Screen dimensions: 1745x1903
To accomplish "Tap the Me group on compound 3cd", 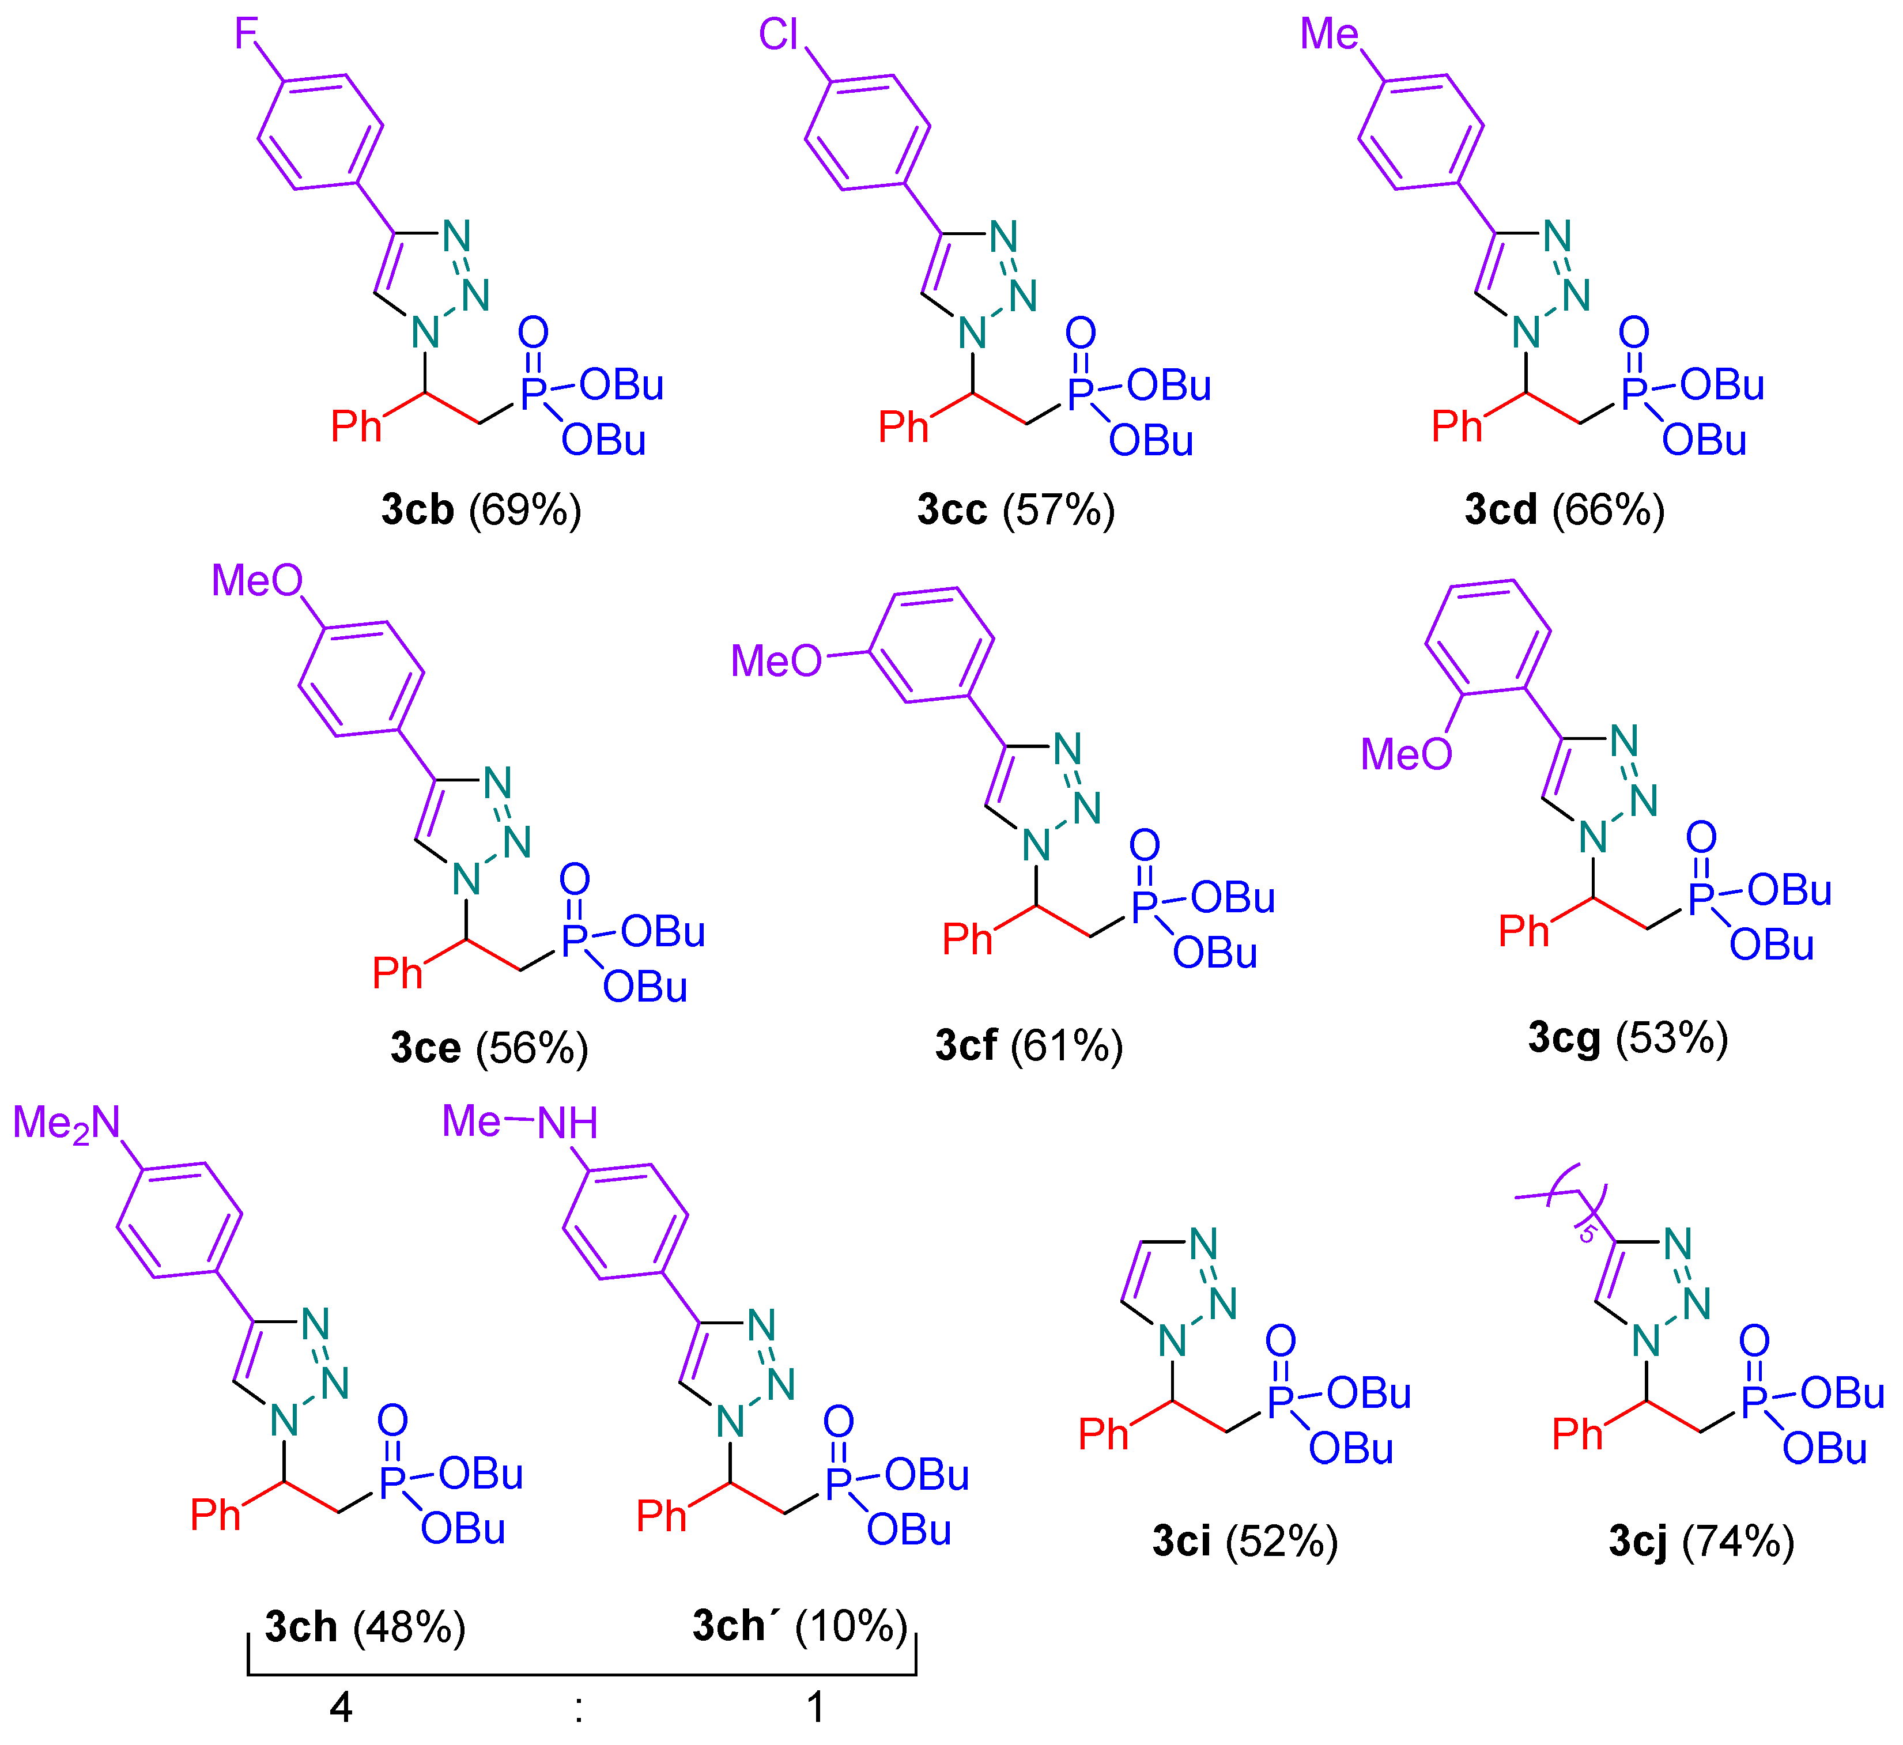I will point(1329,35).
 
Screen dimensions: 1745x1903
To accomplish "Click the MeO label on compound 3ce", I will point(257,581).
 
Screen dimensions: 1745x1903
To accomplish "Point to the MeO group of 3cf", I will point(776,662).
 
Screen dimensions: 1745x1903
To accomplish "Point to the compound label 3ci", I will point(1181,1541).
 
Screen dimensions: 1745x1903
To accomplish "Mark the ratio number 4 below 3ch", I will point(341,1707).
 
